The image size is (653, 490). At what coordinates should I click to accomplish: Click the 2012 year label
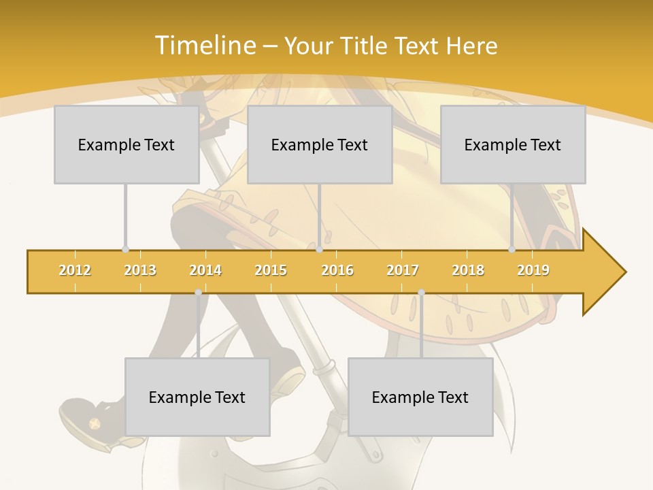point(75,271)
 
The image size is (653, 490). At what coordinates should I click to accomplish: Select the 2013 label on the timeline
point(140,271)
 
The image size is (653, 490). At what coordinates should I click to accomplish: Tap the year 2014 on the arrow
point(205,271)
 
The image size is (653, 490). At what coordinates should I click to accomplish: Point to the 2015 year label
point(271,271)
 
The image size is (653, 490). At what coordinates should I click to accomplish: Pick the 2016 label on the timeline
point(337,271)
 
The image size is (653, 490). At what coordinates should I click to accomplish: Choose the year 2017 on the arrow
point(403,271)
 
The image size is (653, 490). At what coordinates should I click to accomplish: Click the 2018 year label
point(468,271)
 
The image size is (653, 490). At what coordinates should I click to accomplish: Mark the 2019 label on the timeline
point(533,271)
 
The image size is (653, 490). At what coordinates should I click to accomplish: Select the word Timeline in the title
point(205,46)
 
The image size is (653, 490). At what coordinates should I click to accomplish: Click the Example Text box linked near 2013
point(127,144)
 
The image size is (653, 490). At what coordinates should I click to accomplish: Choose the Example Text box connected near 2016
point(320,144)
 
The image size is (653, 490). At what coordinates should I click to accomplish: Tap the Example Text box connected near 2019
point(513,144)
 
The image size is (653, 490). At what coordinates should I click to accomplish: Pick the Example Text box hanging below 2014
point(197,397)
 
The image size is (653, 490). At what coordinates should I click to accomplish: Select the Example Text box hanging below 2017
point(420,397)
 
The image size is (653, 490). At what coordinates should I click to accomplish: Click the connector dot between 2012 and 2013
point(125,250)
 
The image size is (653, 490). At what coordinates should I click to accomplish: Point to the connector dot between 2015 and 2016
point(319,250)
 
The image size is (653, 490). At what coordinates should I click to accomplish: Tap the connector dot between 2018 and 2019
point(512,250)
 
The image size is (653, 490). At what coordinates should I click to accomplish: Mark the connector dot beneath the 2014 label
point(198,293)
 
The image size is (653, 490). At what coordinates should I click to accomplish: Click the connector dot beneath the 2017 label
point(421,293)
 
